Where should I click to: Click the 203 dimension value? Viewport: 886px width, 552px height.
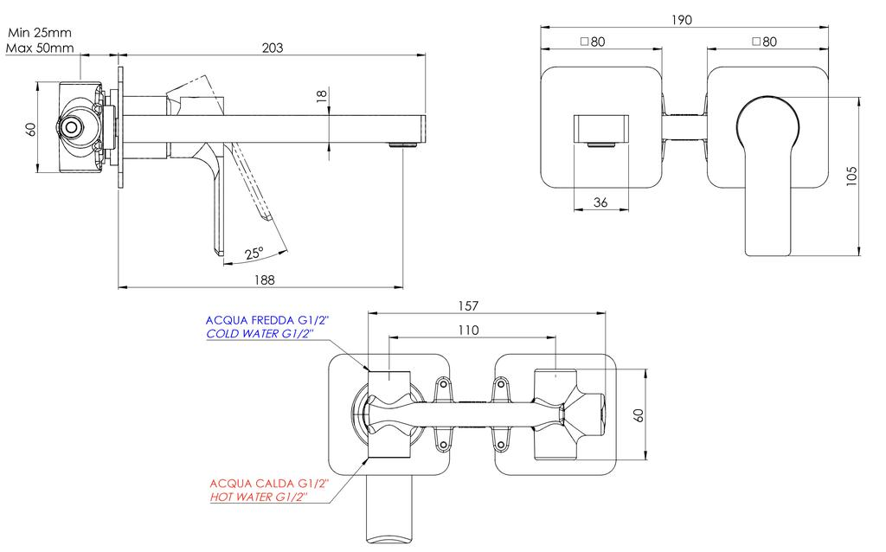(x=273, y=48)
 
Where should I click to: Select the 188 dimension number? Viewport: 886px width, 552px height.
(x=266, y=279)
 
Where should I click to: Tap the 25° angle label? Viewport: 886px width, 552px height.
(x=254, y=254)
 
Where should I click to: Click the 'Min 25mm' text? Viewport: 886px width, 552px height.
(x=38, y=33)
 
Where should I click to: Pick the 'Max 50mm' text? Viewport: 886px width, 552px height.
(x=38, y=48)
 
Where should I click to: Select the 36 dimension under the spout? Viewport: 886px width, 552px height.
(x=601, y=202)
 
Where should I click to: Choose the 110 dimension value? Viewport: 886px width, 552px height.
(x=470, y=330)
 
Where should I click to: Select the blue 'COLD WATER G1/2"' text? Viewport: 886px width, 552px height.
(x=260, y=333)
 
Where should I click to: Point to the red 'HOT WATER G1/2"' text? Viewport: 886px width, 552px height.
(x=260, y=497)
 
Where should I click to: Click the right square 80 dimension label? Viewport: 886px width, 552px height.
(x=764, y=41)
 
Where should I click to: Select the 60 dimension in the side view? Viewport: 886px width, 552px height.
(x=31, y=129)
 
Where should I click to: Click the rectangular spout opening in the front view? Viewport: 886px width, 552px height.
(x=601, y=129)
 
